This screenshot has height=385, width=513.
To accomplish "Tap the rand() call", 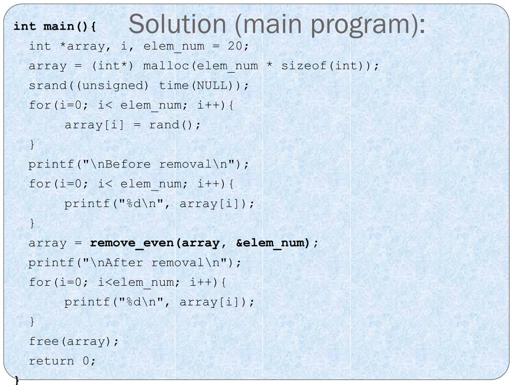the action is click(x=175, y=125).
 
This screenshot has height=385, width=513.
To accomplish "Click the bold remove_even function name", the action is click(x=131, y=243).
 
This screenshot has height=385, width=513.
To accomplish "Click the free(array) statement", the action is click(x=74, y=341).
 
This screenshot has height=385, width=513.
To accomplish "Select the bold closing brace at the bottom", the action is click(x=18, y=379).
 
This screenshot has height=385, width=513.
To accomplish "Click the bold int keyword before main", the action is click(x=25, y=26).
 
